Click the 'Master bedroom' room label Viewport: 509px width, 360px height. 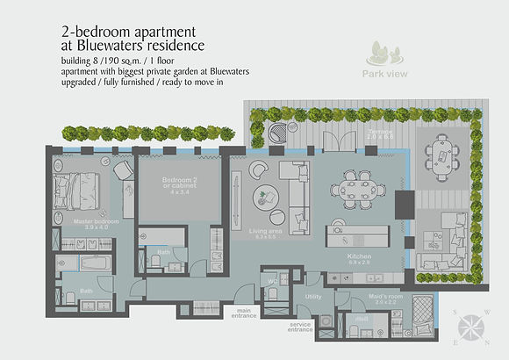96,222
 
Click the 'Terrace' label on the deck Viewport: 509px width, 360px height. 378,133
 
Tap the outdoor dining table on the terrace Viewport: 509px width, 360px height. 441,158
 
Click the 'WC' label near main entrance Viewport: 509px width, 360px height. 271,282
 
